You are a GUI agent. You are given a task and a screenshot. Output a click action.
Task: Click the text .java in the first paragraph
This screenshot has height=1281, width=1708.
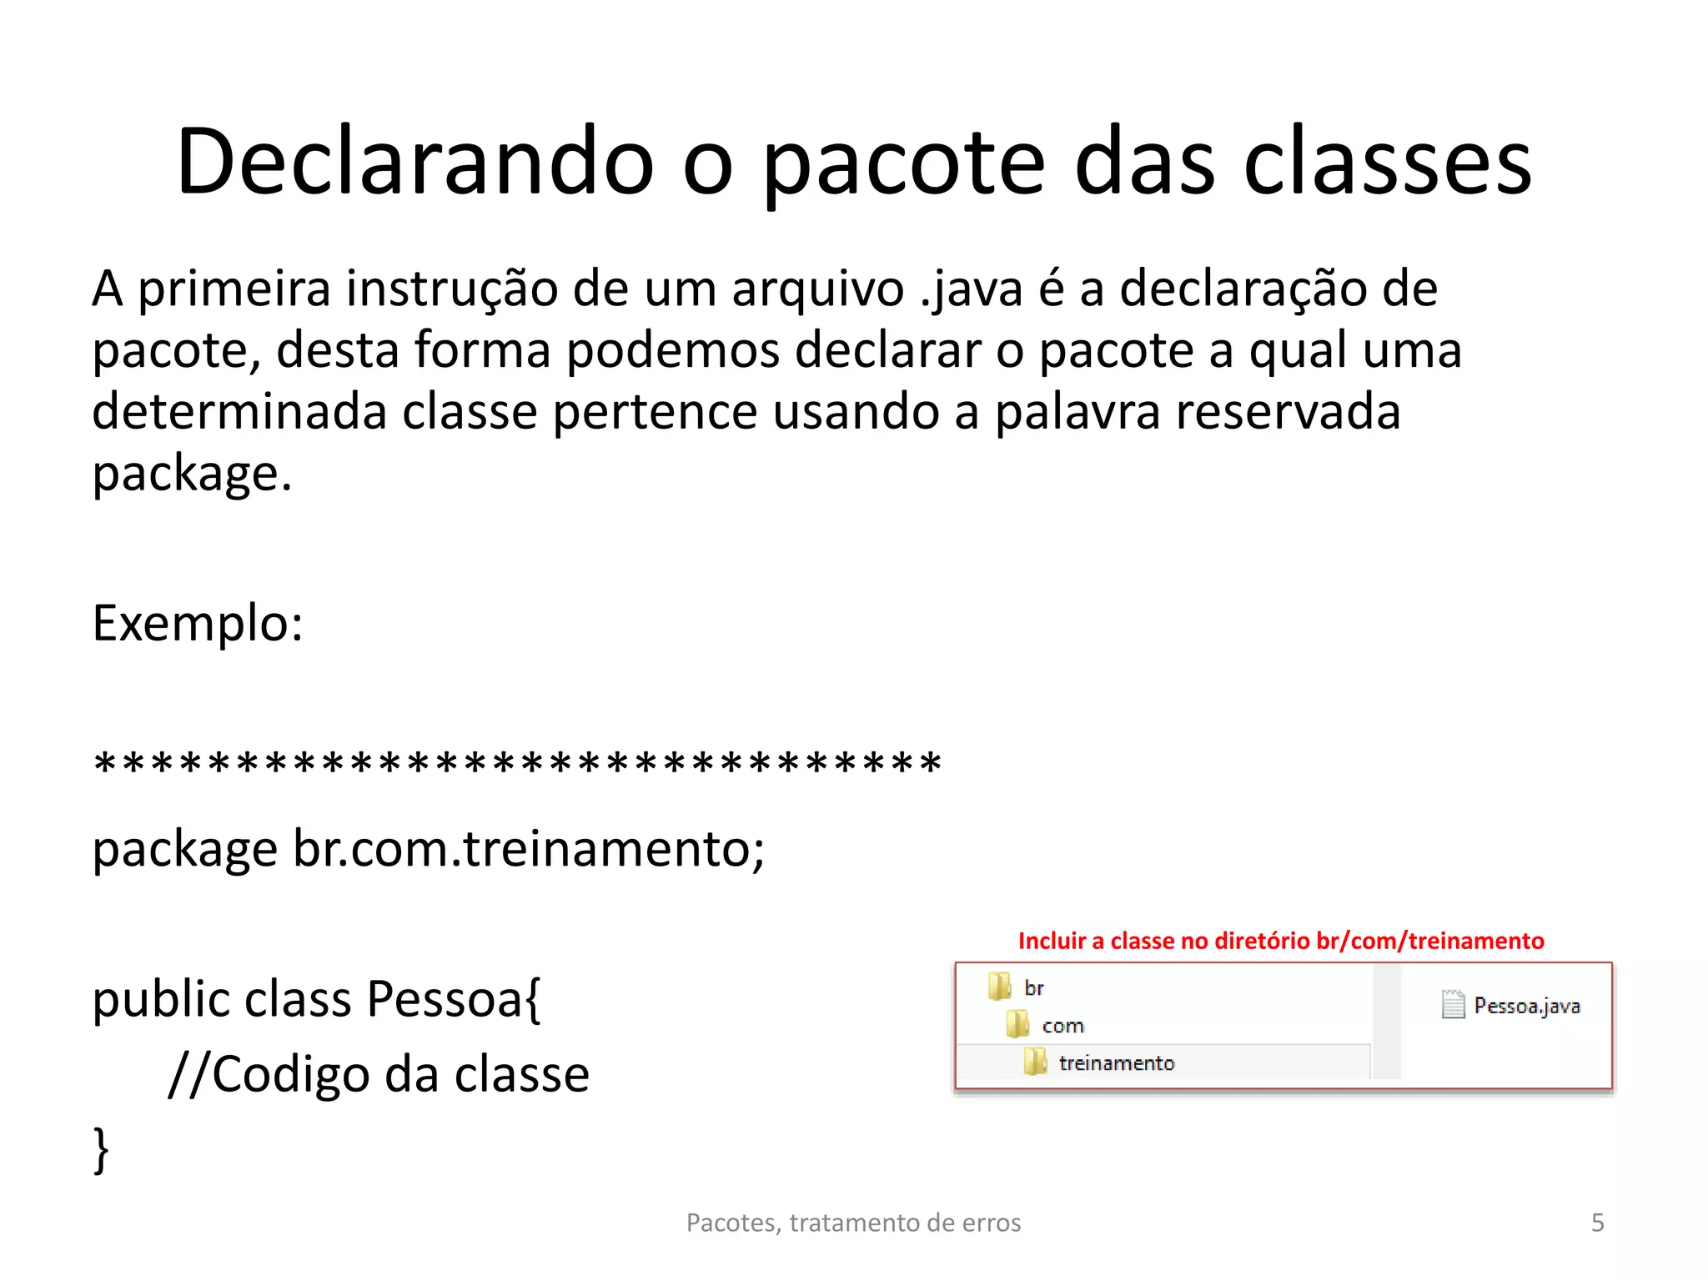(x=971, y=290)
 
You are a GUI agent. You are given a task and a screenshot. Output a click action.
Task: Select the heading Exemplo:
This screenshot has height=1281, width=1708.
(x=198, y=623)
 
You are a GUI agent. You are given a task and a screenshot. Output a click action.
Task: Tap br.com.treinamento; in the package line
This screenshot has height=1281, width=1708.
(x=529, y=849)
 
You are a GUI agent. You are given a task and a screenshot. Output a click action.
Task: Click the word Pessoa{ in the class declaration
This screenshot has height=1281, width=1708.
(x=454, y=999)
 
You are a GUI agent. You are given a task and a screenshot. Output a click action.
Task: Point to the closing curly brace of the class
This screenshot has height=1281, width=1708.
(x=101, y=1149)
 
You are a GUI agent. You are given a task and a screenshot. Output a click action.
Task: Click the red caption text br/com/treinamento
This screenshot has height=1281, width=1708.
(x=1429, y=941)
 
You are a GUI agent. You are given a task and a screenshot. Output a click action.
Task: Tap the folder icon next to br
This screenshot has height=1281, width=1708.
(x=998, y=987)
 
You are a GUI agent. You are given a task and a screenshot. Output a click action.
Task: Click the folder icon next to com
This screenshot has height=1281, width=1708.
(x=1017, y=1024)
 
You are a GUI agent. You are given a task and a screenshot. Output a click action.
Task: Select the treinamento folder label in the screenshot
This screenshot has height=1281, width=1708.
(x=1116, y=1063)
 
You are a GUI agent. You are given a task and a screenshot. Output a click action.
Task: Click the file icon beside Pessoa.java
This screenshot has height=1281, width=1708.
(x=1453, y=1005)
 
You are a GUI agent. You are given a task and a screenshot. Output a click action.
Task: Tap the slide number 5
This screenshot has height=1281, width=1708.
(x=1597, y=1223)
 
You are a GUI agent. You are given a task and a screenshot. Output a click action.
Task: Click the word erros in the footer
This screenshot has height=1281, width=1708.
(x=992, y=1223)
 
